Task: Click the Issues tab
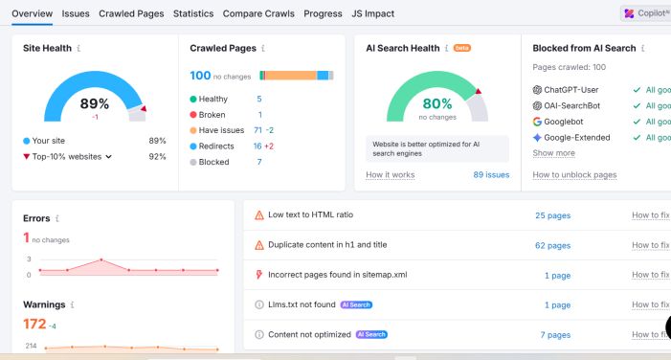76,13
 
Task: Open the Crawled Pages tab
132,13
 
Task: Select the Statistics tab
193,13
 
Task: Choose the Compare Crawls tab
258,13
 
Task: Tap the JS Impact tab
371,13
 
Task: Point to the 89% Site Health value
94,103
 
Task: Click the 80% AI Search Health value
436,103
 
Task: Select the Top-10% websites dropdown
73,156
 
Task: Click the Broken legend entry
212,115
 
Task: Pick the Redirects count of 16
257,146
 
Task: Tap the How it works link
390,175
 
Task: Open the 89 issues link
491,175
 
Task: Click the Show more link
553,153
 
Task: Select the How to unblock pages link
574,175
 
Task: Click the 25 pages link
552,215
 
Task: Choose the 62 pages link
552,245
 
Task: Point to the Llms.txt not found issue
302,304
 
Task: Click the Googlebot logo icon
537,122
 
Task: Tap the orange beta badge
461,48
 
